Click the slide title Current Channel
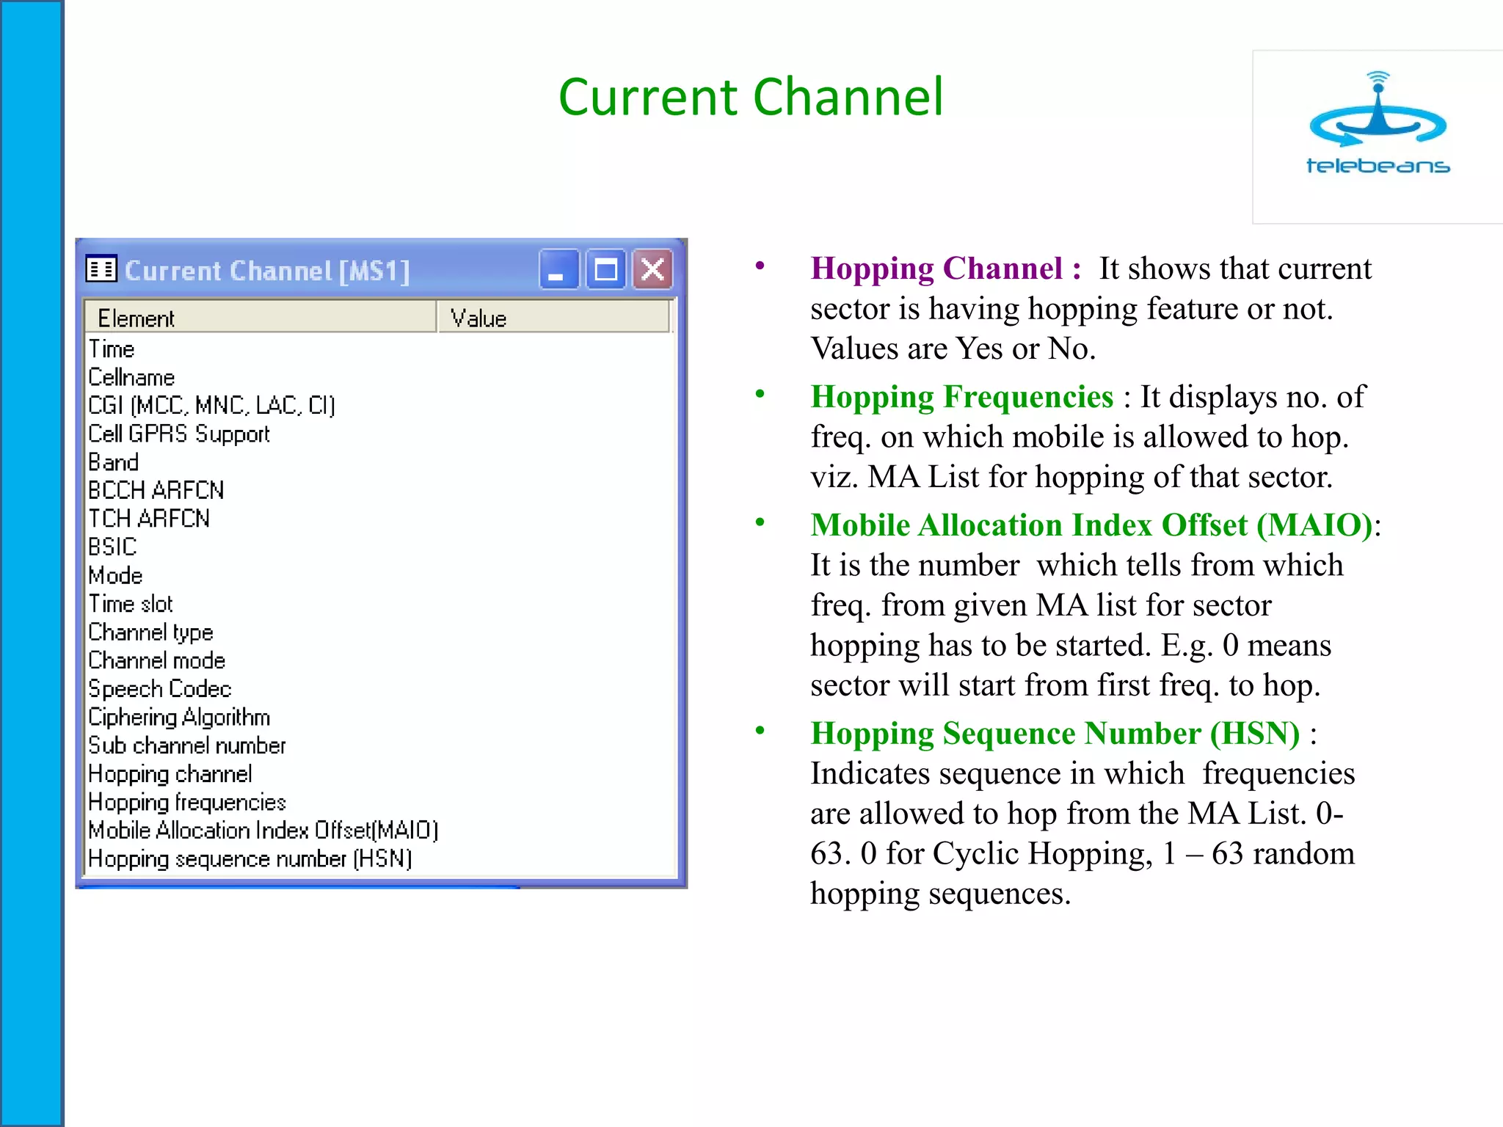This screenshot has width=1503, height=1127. point(750,97)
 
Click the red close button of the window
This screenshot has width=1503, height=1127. point(652,270)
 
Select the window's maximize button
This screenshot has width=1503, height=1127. point(605,270)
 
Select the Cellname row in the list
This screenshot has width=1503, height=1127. point(132,377)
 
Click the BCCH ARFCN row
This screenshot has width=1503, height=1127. point(156,490)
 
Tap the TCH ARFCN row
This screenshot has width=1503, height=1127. point(149,519)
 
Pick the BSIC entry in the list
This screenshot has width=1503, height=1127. point(112,547)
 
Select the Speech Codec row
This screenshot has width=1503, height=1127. point(160,689)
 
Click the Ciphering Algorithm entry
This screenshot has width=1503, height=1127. point(179,717)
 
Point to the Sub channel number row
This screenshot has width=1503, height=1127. point(187,745)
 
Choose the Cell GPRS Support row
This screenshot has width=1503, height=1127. point(179,434)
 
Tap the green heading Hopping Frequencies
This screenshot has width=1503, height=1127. point(961,397)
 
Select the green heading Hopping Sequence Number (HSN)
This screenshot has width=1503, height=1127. point(1055,734)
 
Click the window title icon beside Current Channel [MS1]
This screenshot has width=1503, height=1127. point(101,270)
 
